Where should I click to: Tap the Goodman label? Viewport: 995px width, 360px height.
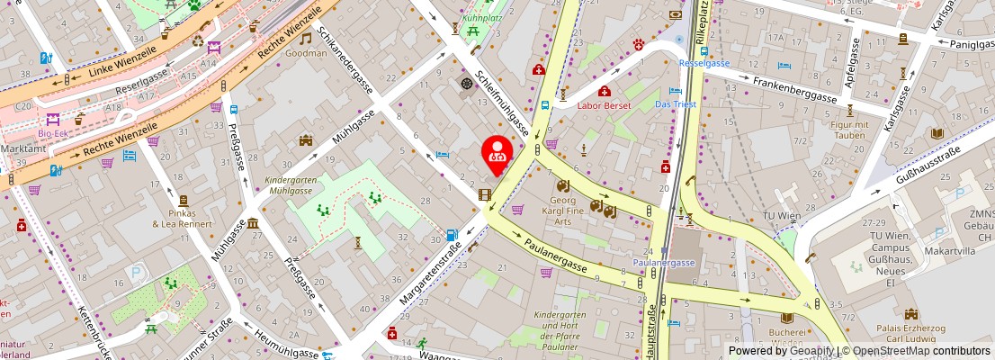tap(306, 53)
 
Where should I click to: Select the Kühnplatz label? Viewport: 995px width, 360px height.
tap(482, 17)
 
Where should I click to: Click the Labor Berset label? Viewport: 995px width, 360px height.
tap(604, 105)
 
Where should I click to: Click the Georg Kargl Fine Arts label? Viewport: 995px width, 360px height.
tap(576, 209)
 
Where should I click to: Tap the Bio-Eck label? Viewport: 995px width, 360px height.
tap(52, 133)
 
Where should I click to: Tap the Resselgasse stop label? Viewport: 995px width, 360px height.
tap(704, 64)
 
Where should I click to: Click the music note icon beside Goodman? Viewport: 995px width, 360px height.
tap(306, 38)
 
